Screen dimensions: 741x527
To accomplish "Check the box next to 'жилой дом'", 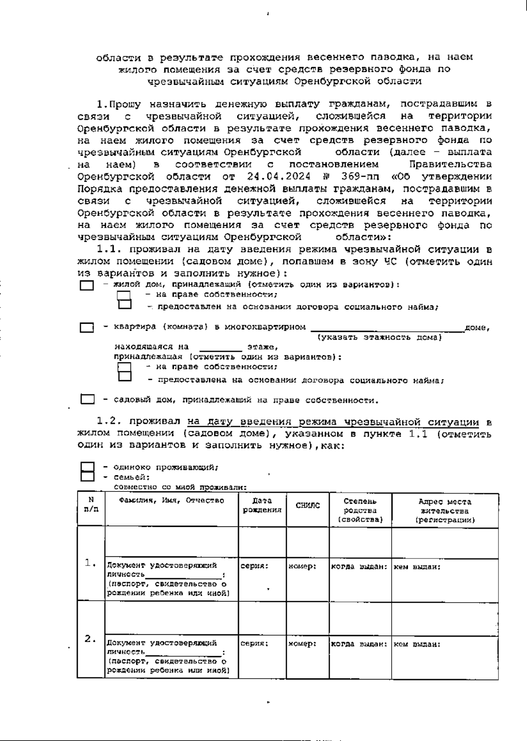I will click(87, 286).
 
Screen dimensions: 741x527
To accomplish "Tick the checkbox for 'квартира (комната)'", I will click(87, 328).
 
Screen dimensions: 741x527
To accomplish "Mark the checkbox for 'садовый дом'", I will click(87, 400).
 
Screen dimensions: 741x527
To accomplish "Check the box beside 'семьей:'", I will click(87, 477).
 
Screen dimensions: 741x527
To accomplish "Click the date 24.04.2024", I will click(279, 177).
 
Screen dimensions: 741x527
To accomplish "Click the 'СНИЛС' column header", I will click(307, 506).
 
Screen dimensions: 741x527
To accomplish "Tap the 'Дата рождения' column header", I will click(262, 505).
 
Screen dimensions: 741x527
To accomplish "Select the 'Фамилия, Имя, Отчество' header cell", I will click(171, 501).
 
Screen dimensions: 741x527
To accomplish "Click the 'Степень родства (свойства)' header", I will click(360, 510).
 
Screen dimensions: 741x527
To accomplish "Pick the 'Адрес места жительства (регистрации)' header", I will click(445, 511).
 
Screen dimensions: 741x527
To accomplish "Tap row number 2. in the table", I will click(90, 639).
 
